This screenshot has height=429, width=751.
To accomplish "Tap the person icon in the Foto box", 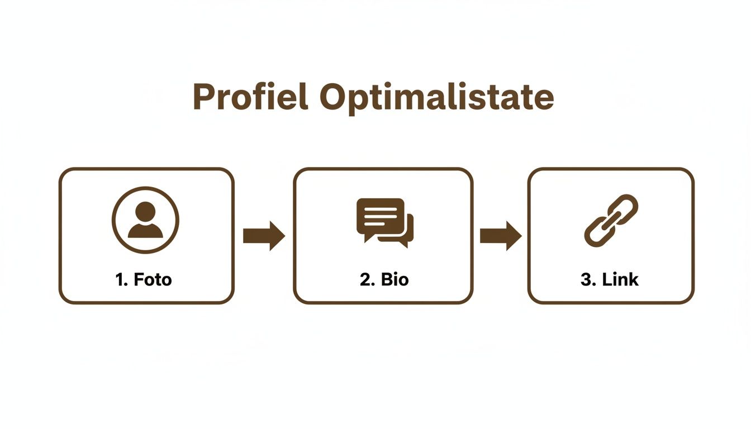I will [x=145, y=220].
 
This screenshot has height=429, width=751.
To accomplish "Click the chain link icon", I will [x=611, y=221].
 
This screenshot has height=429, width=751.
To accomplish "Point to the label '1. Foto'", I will [x=144, y=279].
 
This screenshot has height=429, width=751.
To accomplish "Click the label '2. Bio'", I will [x=384, y=279].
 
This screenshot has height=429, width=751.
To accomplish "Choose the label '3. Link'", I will [x=610, y=279].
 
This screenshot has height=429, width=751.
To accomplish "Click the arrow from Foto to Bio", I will [x=264, y=236].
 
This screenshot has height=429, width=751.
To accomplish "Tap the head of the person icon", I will [x=145, y=211].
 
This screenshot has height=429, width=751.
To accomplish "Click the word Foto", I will [x=153, y=279].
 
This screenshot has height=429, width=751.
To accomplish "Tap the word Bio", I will [x=394, y=279].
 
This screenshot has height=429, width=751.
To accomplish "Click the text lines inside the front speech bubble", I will [x=381, y=213].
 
